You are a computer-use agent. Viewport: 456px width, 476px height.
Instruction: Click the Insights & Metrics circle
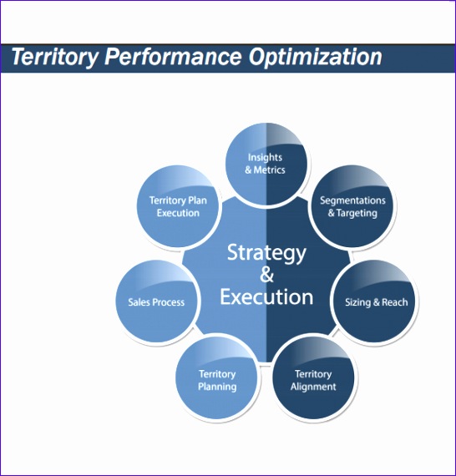(266, 163)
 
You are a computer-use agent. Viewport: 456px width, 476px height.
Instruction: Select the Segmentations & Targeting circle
(352, 206)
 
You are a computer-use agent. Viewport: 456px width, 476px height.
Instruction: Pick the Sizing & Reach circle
(376, 301)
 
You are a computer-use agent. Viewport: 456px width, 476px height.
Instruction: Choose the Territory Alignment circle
(313, 380)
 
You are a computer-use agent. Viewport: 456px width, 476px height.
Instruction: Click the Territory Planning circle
(217, 380)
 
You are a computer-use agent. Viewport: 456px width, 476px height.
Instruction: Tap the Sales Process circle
(156, 301)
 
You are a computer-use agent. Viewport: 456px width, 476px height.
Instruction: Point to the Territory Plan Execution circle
(179, 206)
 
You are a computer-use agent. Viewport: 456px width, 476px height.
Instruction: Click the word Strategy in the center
(266, 252)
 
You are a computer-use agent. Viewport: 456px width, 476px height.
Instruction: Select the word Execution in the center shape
(266, 296)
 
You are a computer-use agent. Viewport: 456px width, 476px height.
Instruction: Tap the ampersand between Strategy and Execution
(266, 275)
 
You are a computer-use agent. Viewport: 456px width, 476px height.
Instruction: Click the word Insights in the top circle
(265, 157)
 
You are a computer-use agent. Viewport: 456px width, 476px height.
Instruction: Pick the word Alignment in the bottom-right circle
(313, 387)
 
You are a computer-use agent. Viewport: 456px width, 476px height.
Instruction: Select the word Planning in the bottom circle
(217, 387)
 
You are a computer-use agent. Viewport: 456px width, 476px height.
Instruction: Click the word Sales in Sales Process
(139, 301)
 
